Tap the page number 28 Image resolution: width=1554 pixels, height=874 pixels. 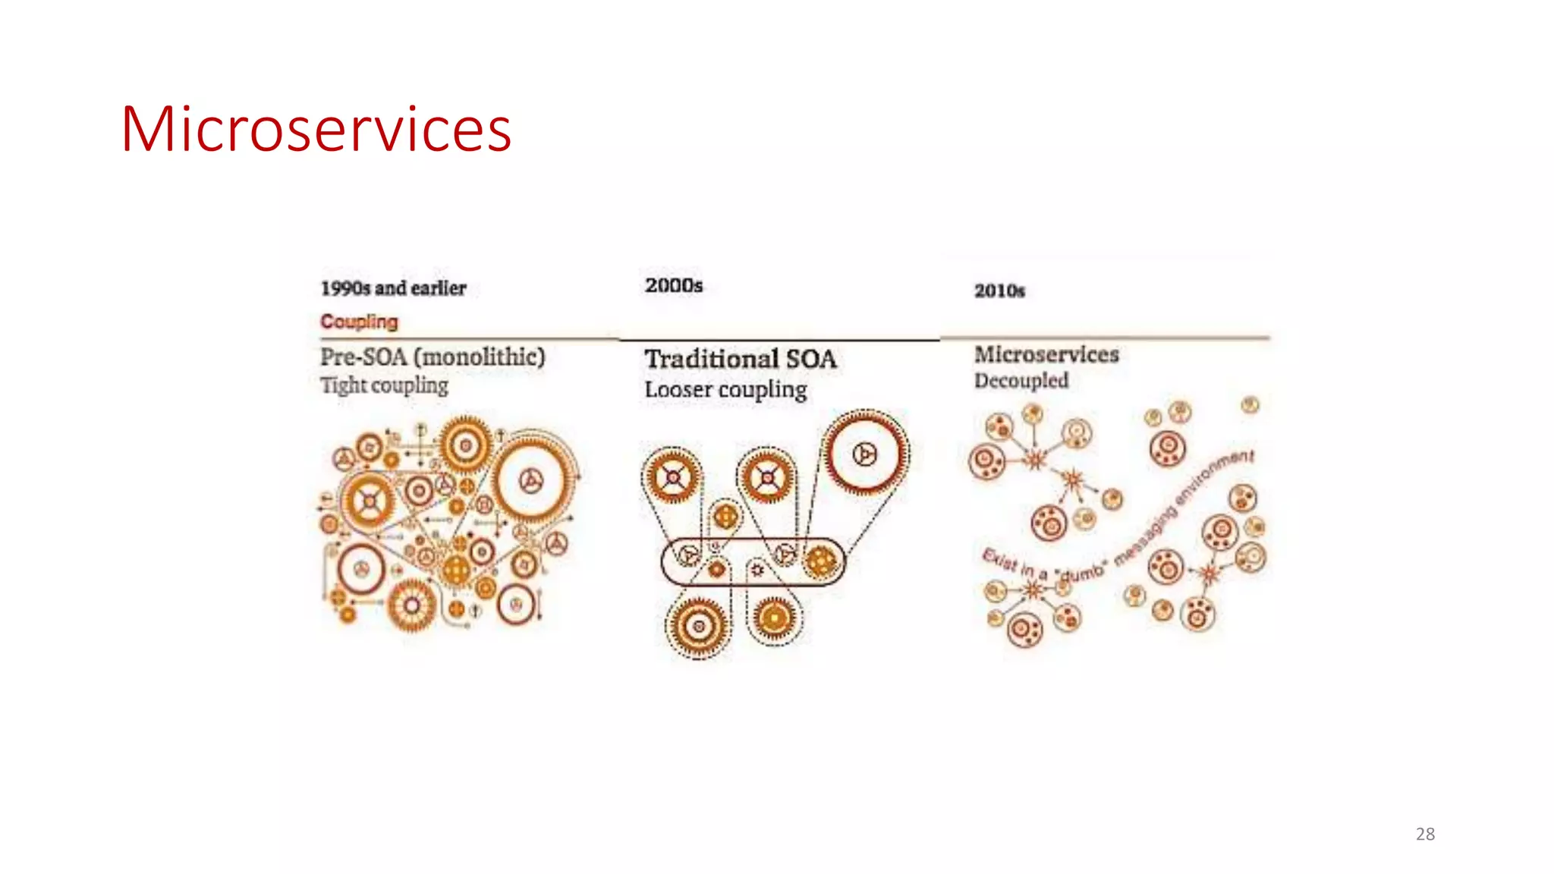[x=1425, y=834]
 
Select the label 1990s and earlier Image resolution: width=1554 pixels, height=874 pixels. [x=393, y=288]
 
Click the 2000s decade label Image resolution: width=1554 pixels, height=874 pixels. [x=674, y=285]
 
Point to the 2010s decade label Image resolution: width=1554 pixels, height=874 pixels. [x=999, y=291]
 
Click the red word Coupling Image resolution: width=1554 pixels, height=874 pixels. [x=359, y=322]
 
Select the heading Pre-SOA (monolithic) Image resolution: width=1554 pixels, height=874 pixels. [x=433, y=357]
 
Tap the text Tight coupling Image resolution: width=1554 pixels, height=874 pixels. [x=384, y=385]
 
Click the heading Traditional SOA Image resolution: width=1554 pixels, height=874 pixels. [x=741, y=359]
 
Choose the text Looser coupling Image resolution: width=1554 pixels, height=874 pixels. [x=725, y=390]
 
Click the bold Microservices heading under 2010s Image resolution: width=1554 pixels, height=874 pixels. [x=1046, y=354]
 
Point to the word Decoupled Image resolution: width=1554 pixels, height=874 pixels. [x=1021, y=381]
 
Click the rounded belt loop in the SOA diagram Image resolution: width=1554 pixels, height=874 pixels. [x=751, y=561]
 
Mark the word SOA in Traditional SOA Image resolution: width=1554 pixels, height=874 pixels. [x=811, y=359]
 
